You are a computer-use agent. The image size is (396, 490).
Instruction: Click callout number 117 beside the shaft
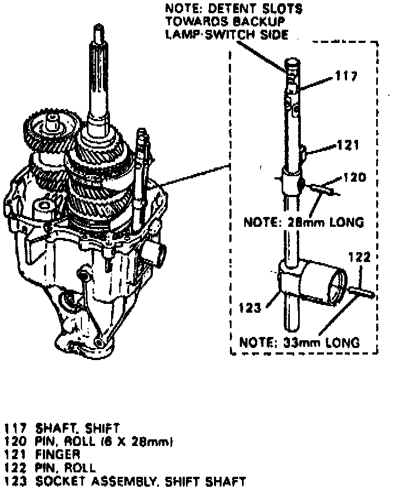point(346,77)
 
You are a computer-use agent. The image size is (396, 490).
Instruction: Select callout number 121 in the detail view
point(348,145)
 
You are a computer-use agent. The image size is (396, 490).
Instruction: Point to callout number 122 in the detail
point(360,257)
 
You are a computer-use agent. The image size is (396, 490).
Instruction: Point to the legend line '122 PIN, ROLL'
point(50,468)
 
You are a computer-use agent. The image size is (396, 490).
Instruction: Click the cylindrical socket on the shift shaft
point(324,284)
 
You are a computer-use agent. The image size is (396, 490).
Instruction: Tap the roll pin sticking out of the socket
point(363,291)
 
